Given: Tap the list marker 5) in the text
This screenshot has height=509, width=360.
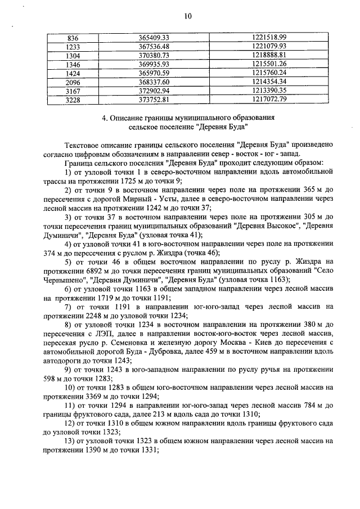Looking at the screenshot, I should (x=68, y=262).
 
